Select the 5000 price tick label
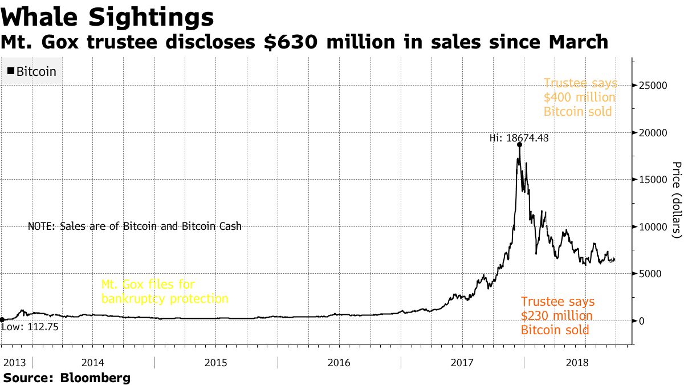pos(652,274)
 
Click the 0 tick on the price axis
pos(642,321)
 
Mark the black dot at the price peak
pos(520,145)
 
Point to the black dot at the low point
pos(2,320)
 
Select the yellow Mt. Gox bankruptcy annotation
pos(164,291)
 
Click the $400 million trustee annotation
pos(580,97)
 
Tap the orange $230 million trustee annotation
pos(557,315)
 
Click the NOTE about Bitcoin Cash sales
pos(135,226)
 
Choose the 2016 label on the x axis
pos(339,363)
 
